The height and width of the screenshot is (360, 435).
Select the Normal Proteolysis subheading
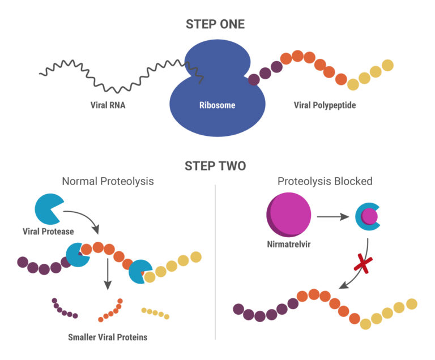[x=108, y=182]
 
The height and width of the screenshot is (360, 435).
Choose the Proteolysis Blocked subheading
[x=325, y=182]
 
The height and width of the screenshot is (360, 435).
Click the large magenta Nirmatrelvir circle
[x=289, y=215]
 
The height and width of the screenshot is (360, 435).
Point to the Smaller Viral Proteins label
[x=108, y=337]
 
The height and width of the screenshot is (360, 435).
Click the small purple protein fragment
[x=64, y=309]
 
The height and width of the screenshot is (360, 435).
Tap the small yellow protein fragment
[x=155, y=313]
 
